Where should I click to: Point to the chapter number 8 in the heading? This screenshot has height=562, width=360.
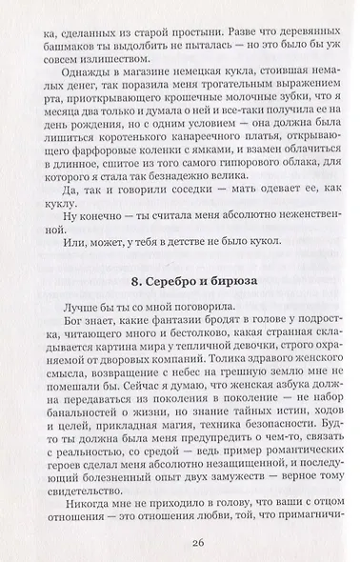point(130,286)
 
